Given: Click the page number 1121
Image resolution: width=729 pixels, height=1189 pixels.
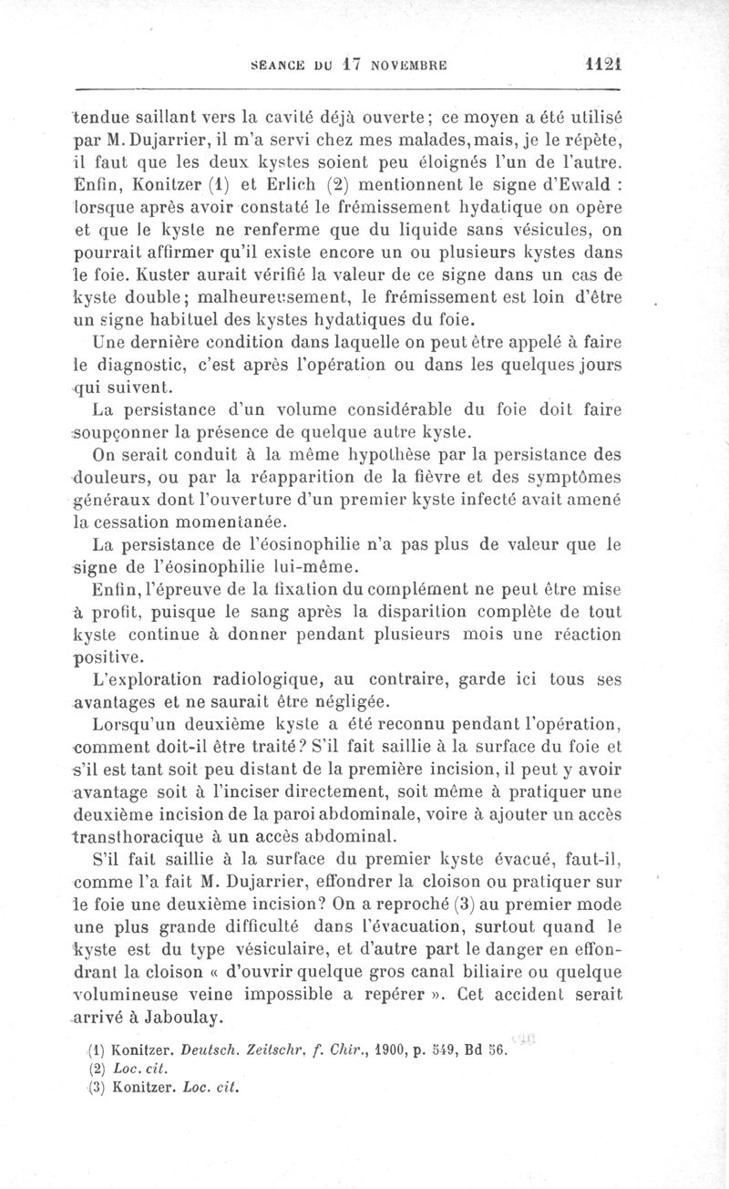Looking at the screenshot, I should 601,66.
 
